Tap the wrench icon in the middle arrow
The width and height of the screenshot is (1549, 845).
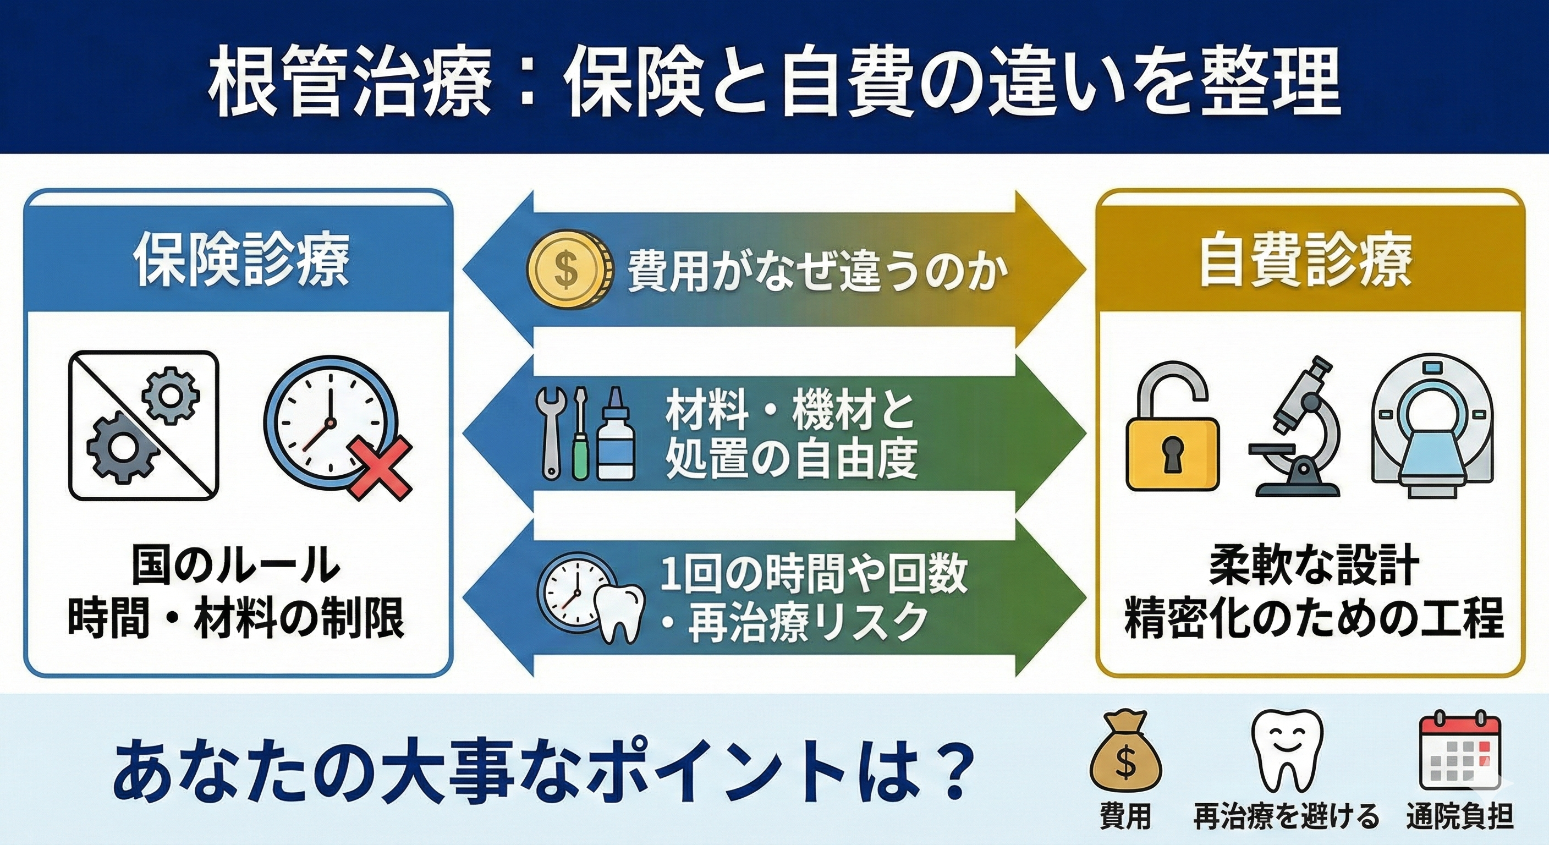pos(552,427)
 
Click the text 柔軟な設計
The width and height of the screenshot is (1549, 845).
pos(1305,566)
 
